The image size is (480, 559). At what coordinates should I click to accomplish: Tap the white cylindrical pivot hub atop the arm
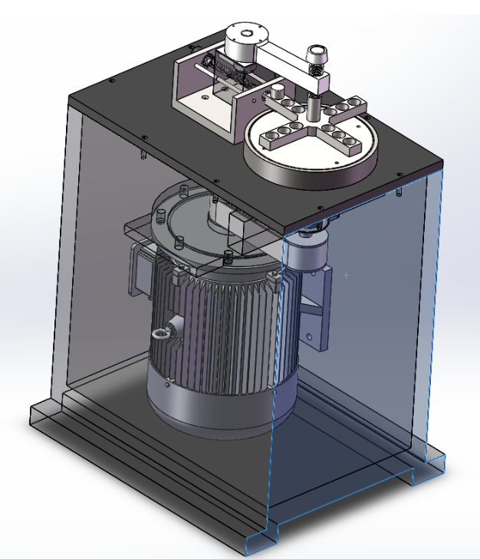[245, 39]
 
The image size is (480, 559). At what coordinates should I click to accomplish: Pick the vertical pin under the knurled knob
[314, 103]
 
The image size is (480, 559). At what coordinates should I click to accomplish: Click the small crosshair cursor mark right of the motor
[347, 273]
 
